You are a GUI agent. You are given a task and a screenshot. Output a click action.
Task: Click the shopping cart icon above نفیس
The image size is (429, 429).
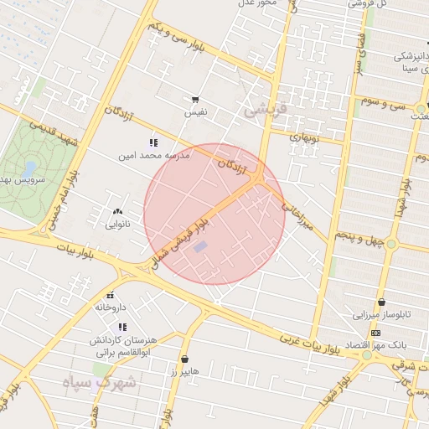click(x=195, y=100)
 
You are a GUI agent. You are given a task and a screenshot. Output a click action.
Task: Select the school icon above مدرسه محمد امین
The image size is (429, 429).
click(x=153, y=143)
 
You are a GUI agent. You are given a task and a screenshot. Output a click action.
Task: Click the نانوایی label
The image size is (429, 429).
click(x=117, y=225)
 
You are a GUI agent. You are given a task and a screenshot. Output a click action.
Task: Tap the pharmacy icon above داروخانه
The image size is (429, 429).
click(x=110, y=296)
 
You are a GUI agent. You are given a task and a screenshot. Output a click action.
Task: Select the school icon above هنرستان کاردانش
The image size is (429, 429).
click(x=123, y=327)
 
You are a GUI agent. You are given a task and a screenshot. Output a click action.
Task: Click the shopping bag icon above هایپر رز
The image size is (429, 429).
click(x=184, y=359)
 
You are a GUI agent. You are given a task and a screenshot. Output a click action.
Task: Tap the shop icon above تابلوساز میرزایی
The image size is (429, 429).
click(x=382, y=302)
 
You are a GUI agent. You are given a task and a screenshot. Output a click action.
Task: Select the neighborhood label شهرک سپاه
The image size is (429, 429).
click(x=92, y=383)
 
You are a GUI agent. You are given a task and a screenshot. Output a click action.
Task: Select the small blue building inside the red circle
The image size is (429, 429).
click(x=199, y=246)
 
